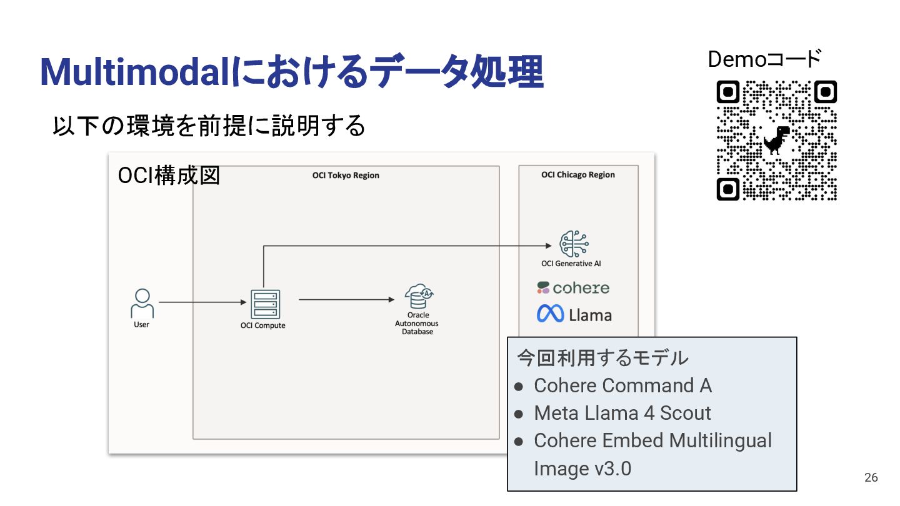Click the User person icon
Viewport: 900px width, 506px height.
click(142, 303)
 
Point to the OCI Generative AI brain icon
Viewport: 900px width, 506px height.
click(574, 244)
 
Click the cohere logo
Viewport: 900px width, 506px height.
click(573, 288)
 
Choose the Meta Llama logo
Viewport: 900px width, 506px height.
click(574, 314)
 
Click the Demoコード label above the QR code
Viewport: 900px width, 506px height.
click(764, 59)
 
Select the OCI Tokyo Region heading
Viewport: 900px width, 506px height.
click(346, 176)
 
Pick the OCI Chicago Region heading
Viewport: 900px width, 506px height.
click(578, 175)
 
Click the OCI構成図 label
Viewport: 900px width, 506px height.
click(169, 176)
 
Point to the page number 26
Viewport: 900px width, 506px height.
click(871, 478)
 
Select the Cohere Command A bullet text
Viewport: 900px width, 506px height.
click(622, 385)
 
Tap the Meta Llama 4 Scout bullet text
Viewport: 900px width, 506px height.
click(622, 413)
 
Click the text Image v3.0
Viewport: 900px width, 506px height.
click(582, 468)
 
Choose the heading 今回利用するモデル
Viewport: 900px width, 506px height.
click(602, 358)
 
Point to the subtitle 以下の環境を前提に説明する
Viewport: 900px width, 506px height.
click(209, 126)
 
